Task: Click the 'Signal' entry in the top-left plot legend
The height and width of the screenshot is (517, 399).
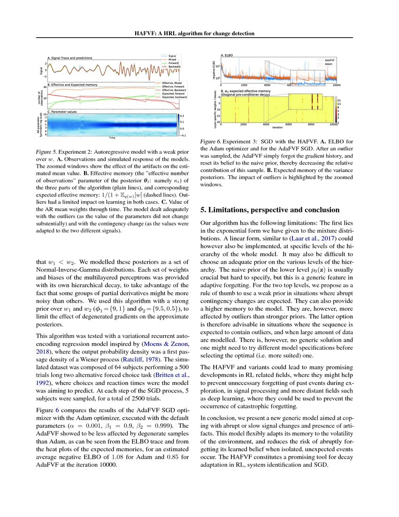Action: (172, 56)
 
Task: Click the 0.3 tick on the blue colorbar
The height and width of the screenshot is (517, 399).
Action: (185, 116)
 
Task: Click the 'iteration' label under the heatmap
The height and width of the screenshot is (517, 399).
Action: (277, 127)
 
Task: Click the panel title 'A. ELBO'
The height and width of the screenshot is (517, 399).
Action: (227, 55)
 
